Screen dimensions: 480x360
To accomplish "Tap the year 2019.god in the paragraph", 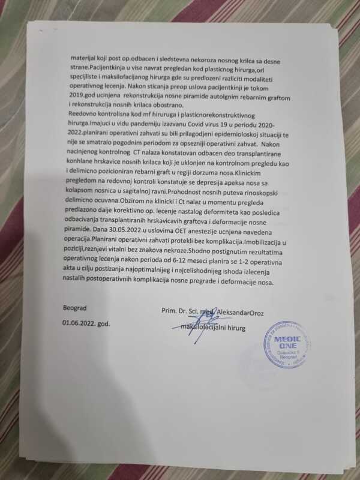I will (x=82, y=112).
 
